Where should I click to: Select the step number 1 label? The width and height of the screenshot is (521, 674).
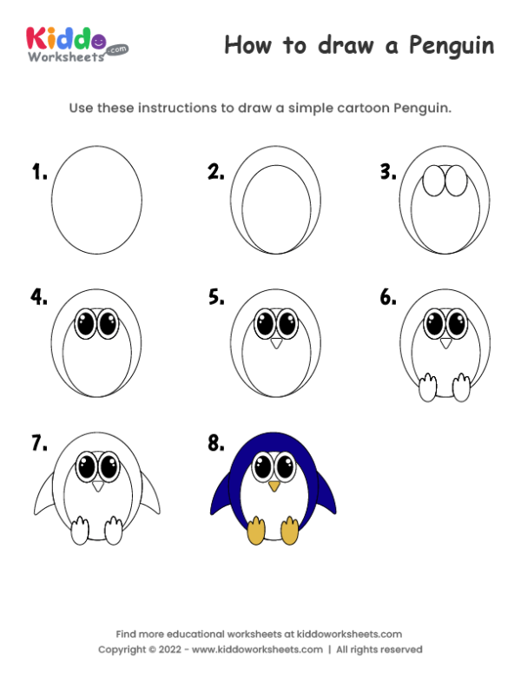[39, 172]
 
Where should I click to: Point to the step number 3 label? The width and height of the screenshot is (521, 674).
[387, 172]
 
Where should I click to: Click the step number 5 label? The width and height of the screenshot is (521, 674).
[216, 297]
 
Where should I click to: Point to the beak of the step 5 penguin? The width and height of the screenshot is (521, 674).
[276, 344]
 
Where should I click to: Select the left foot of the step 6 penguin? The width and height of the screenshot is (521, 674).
[427, 387]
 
